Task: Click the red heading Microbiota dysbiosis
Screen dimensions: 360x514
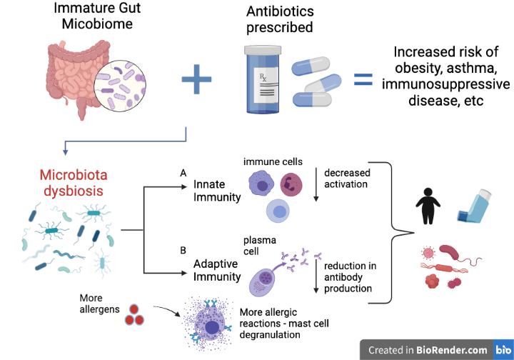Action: tap(71, 183)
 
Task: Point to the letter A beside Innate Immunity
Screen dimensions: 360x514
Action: tap(183, 174)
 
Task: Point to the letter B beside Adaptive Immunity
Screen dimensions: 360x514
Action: tap(183, 251)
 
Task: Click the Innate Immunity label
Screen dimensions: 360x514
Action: tap(217, 191)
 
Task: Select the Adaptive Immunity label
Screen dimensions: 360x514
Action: tap(217, 270)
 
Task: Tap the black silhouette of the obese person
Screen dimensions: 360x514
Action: tap(430, 206)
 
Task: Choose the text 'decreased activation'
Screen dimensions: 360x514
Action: tap(346, 179)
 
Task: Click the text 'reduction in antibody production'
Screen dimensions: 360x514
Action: tap(349, 277)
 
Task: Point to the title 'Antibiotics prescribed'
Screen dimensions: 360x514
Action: tap(279, 19)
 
